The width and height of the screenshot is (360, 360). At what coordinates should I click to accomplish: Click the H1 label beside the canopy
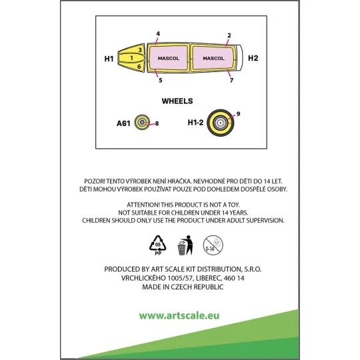(x=109, y=59)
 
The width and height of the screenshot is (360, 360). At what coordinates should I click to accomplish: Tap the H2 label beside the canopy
(x=253, y=58)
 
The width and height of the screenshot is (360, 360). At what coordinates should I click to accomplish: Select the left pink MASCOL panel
(x=169, y=58)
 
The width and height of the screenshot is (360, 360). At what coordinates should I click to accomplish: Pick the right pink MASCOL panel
(x=213, y=58)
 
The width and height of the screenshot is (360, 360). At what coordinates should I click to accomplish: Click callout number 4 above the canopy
(x=158, y=34)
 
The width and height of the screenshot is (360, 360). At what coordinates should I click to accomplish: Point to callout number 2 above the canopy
(x=229, y=35)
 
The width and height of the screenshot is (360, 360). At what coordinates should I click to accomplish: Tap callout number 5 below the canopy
(x=161, y=80)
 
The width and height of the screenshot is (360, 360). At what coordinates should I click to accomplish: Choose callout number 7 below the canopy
(x=231, y=80)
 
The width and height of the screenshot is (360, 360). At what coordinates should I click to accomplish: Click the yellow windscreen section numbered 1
(x=131, y=58)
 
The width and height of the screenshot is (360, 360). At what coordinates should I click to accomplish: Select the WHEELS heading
(x=177, y=101)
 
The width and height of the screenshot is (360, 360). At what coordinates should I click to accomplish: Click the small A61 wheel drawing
(x=142, y=122)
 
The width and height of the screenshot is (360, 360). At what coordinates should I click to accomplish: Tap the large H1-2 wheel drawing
(x=221, y=123)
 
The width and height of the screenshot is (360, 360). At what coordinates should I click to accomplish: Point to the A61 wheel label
(x=123, y=123)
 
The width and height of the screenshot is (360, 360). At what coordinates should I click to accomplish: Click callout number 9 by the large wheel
(x=238, y=114)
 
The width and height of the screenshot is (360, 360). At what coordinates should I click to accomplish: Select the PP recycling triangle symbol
(x=158, y=245)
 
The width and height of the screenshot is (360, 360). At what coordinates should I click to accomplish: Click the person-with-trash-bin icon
(x=185, y=245)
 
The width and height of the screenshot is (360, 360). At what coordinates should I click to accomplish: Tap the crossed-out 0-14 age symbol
(x=213, y=245)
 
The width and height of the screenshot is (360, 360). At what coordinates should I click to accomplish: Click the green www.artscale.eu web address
(x=179, y=315)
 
